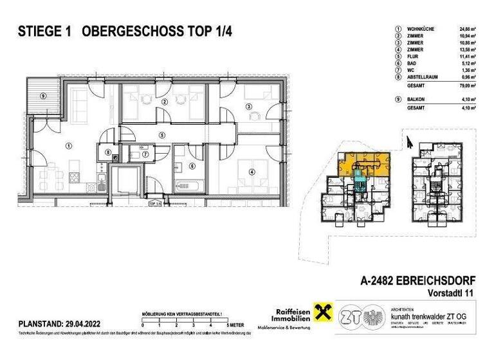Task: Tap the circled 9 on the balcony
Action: (42, 96)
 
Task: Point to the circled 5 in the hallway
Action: (162, 135)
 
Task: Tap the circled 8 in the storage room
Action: (109, 152)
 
